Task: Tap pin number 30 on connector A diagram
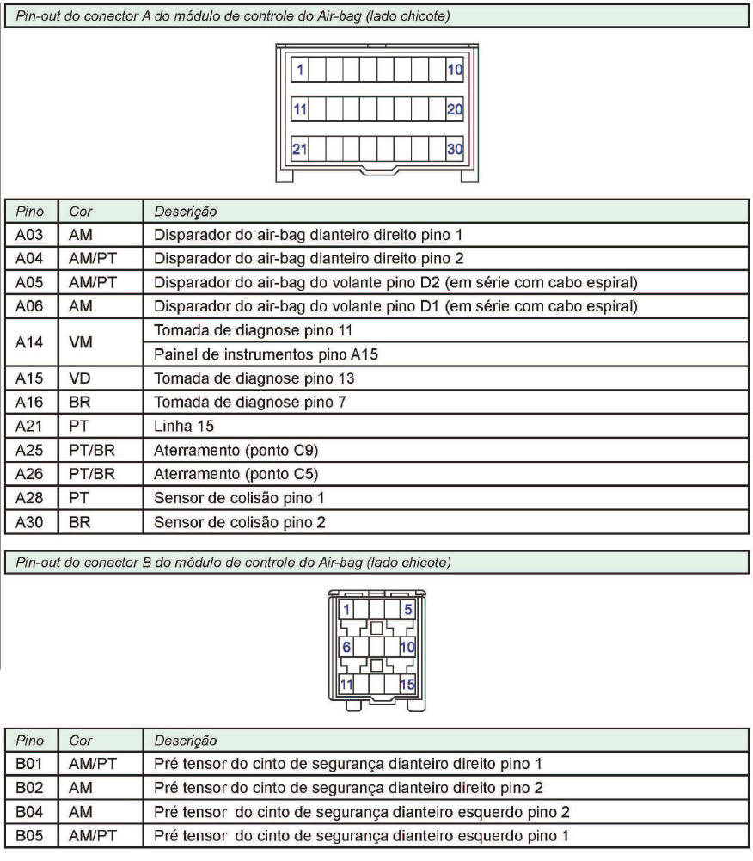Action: click(x=455, y=148)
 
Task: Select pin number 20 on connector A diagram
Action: click(x=455, y=108)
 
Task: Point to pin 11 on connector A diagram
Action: click(x=300, y=108)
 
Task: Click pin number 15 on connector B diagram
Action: click(x=407, y=685)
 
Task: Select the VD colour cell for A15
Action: click(x=79, y=378)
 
